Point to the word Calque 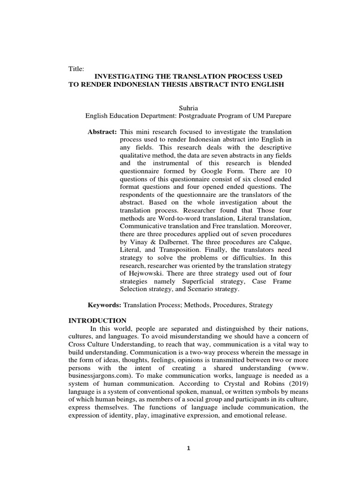point(279,243)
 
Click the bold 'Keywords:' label point(105,305)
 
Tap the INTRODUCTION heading point(97,321)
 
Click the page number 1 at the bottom point(188,448)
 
